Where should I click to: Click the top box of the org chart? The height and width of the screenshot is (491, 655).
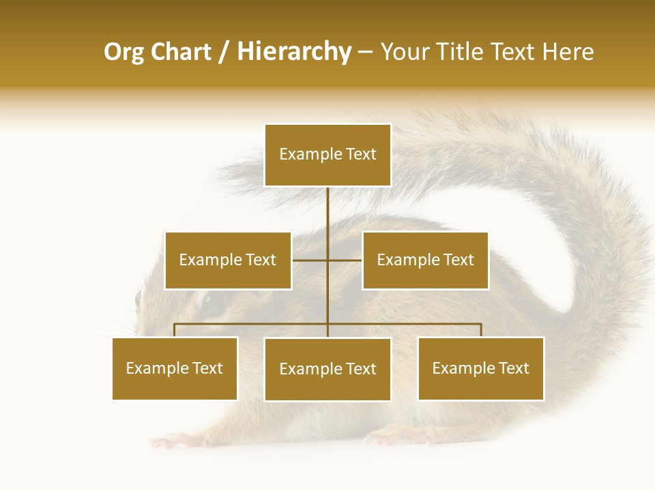tap(327, 155)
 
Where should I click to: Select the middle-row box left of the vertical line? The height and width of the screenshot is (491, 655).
tap(228, 261)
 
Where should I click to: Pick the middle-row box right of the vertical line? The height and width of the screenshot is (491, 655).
tap(425, 261)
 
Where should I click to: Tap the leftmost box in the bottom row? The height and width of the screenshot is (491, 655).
tap(175, 368)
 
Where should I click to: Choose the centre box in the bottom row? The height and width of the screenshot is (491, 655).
tap(327, 369)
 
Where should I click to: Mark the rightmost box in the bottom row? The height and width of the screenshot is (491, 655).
tap(480, 368)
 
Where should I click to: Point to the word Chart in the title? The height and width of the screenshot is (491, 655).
tap(181, 52)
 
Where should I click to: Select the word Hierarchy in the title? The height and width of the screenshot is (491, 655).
tap(294, 52)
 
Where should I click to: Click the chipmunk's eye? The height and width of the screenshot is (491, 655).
tap(213, 304)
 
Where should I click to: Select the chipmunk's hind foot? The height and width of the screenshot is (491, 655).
tap(403, 434)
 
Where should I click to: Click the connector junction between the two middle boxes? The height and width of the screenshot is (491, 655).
tap(327, 261)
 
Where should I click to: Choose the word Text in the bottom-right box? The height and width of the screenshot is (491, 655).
tap(514, 368)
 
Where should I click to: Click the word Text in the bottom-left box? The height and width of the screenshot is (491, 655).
tap(207, 368)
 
